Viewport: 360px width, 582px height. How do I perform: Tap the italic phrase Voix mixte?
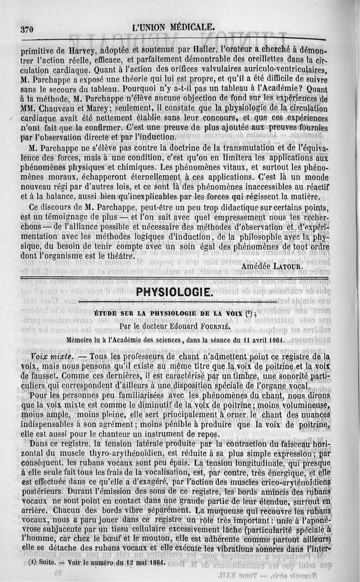[x=53, y=355]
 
